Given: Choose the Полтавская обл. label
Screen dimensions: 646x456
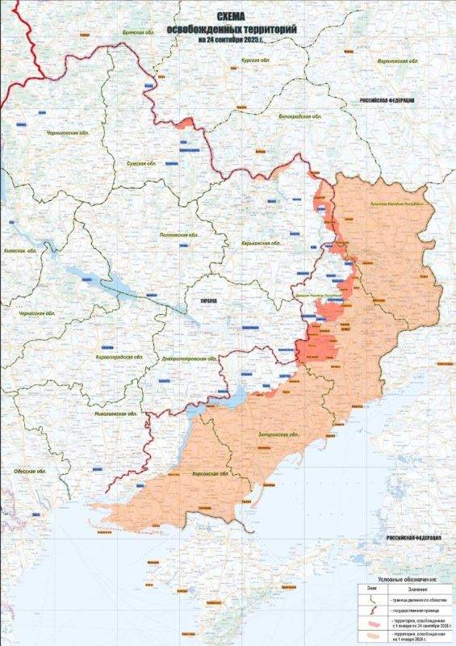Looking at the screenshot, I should click(x=181, y=234).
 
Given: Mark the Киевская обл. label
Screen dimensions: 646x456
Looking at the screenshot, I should click(x=22, y=251).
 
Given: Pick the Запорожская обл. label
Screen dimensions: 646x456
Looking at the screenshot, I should click(x=277, y=434).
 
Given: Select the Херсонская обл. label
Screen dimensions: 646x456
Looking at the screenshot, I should click(x=207, y=474).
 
